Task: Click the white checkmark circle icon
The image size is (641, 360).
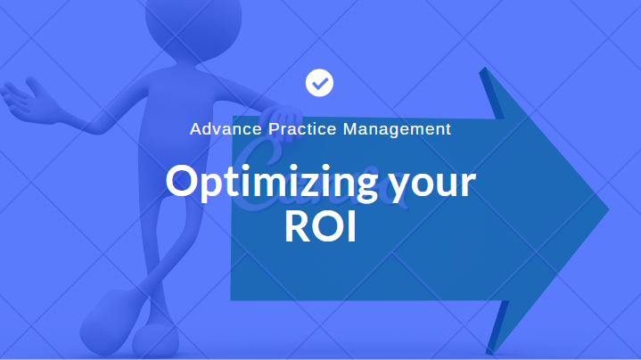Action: coord(319,82)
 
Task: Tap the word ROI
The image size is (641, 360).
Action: coord(320,227)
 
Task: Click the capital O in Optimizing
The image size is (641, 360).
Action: coord(183,183)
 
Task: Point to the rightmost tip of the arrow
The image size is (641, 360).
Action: coord(608,210)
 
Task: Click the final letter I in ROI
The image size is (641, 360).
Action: coord(351,227)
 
